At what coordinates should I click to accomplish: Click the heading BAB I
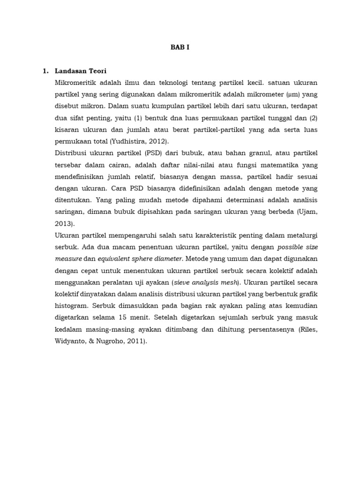click(x=180, y=47)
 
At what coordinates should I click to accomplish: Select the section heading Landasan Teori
click(x=81, y=71)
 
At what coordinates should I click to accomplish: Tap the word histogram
click(x=72, y=305)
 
